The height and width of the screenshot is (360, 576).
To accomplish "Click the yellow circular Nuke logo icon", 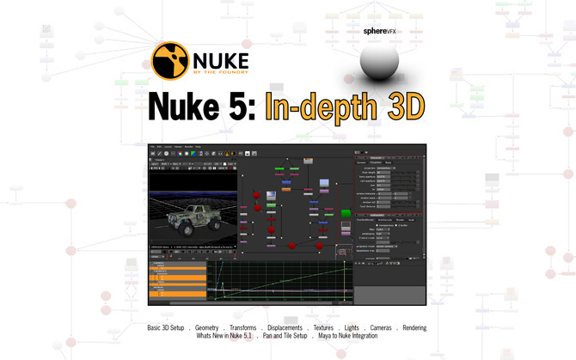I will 171,62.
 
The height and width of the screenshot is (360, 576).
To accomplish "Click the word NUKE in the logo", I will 221,59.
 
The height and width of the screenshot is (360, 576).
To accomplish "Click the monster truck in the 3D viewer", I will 191,215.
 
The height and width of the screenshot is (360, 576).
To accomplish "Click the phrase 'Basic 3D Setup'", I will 169,328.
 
